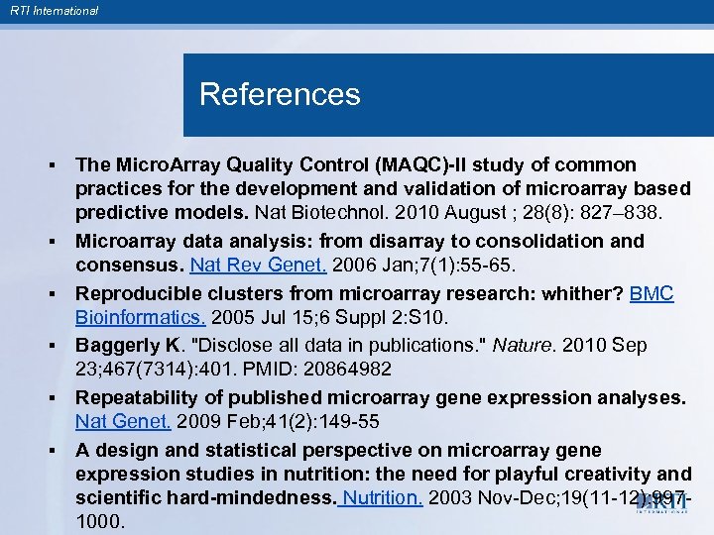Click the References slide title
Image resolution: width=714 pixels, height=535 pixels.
point(280,95)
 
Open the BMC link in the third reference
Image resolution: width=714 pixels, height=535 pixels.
point(653,293)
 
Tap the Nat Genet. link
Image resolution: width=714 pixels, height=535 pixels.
point(124,421)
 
